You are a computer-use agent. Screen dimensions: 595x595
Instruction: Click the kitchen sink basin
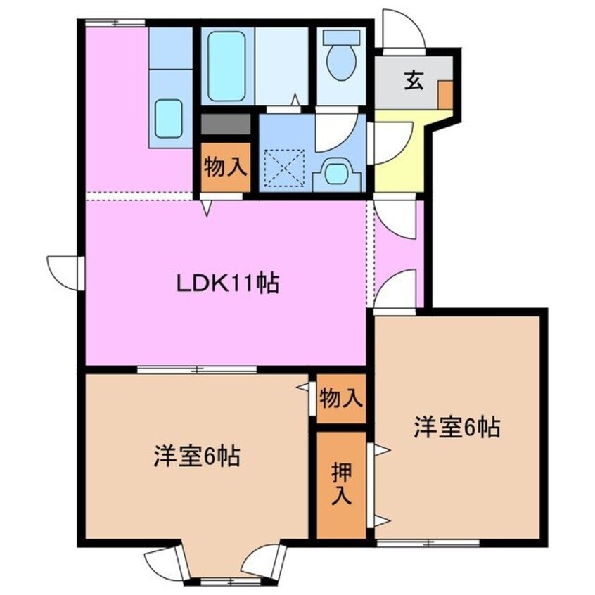[x=169, y=118]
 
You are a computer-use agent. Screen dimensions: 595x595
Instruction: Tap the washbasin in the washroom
[x=338, y=172]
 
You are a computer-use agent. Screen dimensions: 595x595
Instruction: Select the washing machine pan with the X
[x=284, y=168]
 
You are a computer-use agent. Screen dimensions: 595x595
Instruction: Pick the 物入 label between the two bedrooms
[x=341, y=399]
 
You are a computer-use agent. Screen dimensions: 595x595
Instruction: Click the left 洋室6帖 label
[x=197, y=457]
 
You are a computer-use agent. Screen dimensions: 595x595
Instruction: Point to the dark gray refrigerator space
[x=226, y=125]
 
